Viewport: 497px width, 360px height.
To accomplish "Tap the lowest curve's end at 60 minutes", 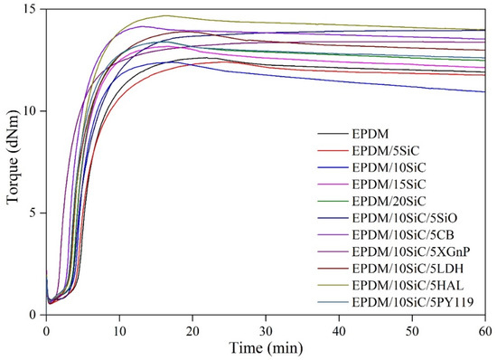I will [484, 91].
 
